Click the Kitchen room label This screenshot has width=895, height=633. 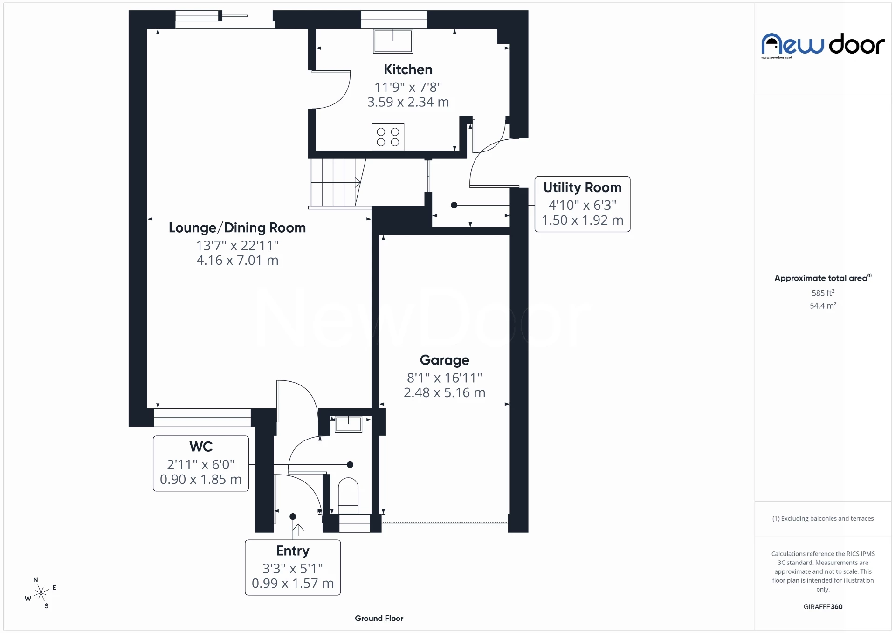tap(408, 69)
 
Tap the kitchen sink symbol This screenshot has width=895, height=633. tap(393, 41)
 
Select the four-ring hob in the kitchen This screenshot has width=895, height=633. tap(388, 137)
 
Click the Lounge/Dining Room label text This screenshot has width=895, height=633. tap(237, 227)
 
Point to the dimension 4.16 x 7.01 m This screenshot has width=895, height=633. tap(237, 260)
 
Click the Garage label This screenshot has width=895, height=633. tap(444, 360)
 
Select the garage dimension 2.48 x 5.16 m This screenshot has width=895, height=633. tap(444, 392)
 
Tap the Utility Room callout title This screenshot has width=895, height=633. tap(582, 187)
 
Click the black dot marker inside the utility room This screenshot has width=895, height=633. tap(454, 205)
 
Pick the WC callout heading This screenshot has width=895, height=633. tap(201, 447)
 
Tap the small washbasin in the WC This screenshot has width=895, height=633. tap(348, 424)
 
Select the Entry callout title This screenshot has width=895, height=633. tap(293, 550)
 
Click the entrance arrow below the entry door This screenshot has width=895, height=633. tap(298, 529)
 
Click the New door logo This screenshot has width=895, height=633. tap(823, 45)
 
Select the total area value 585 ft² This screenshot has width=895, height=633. tap(823, 293)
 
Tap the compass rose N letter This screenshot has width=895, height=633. tap(36, 580)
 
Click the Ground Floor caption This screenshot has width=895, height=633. tap(379, 618)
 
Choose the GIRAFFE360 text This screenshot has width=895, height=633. tap(823, 606)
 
